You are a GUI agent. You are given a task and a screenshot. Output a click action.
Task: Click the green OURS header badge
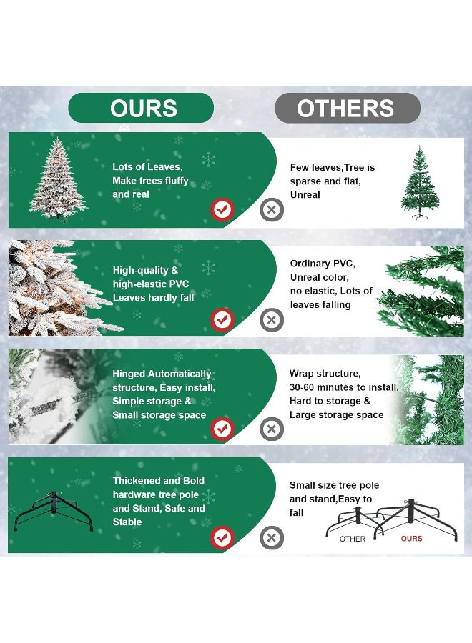(x=141, y=108)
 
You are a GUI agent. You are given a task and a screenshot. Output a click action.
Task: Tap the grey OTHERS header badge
(x=347, y=108)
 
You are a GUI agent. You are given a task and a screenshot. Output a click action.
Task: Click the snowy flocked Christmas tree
(x=57, y=177)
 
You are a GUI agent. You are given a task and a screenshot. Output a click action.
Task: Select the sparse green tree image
(x=420, y=182)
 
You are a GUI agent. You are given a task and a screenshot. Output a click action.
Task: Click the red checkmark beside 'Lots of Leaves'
(x=222, y=210)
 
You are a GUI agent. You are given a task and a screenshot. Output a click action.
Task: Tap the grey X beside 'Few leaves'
(x=272, y=210)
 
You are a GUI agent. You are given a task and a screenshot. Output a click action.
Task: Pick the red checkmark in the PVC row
(x=222, y=319)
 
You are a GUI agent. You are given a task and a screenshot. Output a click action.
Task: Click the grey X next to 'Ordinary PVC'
(x=272, y=319)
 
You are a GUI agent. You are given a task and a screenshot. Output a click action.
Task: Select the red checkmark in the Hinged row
(x=222, y=429)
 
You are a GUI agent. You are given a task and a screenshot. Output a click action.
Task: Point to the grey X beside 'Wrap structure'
(x=272, y=429)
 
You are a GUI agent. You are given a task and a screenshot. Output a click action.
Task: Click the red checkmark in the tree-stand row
(x=222, y=537)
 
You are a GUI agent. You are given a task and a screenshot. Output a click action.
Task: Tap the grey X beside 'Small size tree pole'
(x=272, y=537)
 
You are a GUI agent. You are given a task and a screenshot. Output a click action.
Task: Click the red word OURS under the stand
(x=411, y=539)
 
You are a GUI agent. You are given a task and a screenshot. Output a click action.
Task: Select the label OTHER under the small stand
(x=353, y=539)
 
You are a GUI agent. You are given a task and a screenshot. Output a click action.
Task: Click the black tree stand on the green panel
(x=53, y=512)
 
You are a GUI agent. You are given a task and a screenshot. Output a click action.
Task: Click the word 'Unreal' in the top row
(x=305, y=194)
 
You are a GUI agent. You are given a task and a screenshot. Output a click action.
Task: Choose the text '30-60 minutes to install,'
(x=343, y=387)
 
